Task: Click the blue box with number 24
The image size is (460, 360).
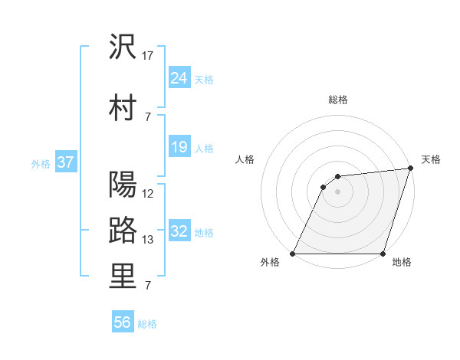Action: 179,77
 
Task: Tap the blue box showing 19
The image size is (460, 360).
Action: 179,147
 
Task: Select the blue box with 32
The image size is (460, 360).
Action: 179,231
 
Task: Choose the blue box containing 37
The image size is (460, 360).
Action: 65,162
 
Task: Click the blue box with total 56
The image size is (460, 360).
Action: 123,322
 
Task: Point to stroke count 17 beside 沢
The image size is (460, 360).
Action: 148,56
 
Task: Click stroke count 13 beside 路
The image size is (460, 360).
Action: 148,240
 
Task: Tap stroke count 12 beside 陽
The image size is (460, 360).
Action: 148,194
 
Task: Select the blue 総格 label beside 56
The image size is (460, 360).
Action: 147,324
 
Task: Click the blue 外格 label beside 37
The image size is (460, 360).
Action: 41,163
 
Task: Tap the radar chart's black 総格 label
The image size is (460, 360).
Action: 337,100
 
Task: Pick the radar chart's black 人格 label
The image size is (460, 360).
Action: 245,159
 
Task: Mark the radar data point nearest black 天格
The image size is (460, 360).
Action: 410,169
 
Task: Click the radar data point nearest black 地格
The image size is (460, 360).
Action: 383,253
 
